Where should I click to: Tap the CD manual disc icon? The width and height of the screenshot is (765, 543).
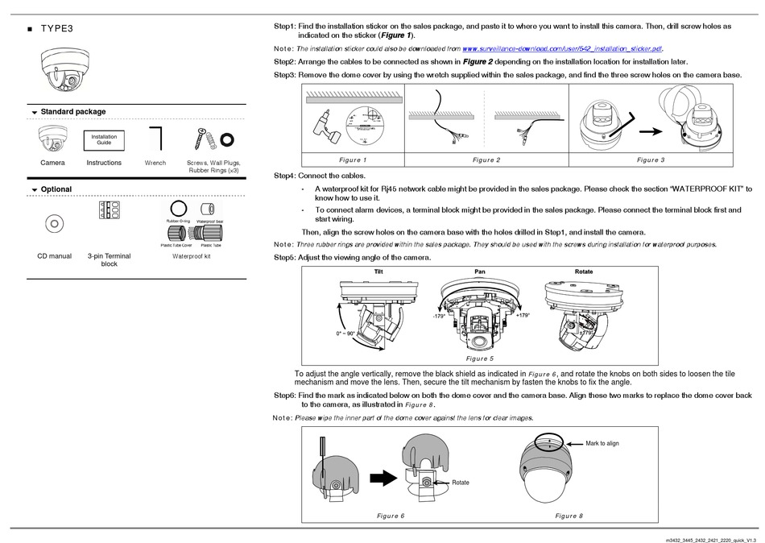(x=53, y=222)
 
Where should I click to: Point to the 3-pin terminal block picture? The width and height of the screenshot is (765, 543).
(x=110, y=210)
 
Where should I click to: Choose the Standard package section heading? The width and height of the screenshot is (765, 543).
(x=72, y=112)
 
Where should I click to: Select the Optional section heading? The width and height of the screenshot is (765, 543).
(x=56, y=189)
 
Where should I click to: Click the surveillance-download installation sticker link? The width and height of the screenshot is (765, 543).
(x=562, y=49)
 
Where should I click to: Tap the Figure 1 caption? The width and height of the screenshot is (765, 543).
(x=353, y=160)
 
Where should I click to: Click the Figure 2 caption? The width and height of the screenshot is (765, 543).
(x=486, y=160)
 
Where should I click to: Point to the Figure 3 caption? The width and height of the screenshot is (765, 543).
(x=650, y=160)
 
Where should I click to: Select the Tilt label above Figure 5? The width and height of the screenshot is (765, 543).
(x=379, y=271)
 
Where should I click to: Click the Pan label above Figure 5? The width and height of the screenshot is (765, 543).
(x=481, y=271)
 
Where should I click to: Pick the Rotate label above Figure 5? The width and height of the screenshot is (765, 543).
(x=584, y=271)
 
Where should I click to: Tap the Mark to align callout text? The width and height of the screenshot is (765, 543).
(x=602, y=444)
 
